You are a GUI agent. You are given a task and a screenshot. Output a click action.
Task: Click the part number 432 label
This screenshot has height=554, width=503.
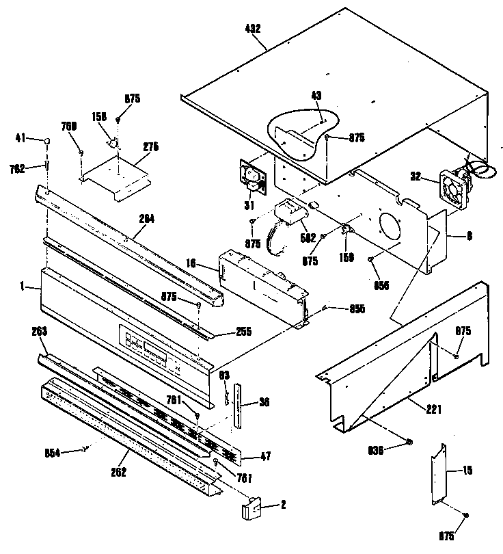pyautogui.click(x=252, y=29)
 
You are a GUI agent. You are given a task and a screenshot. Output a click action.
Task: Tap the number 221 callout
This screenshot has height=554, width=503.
pyautogui.click(x=433, y=410)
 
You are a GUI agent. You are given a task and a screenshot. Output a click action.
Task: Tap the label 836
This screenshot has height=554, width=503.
pyautogui.click(x=377, y=449)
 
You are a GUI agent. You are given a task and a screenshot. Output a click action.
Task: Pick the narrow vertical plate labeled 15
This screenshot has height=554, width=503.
pyautogui.click(x=438, y=473)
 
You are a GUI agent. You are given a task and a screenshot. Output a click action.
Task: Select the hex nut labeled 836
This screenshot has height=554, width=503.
pyautogui.click(x=408, y=443)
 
